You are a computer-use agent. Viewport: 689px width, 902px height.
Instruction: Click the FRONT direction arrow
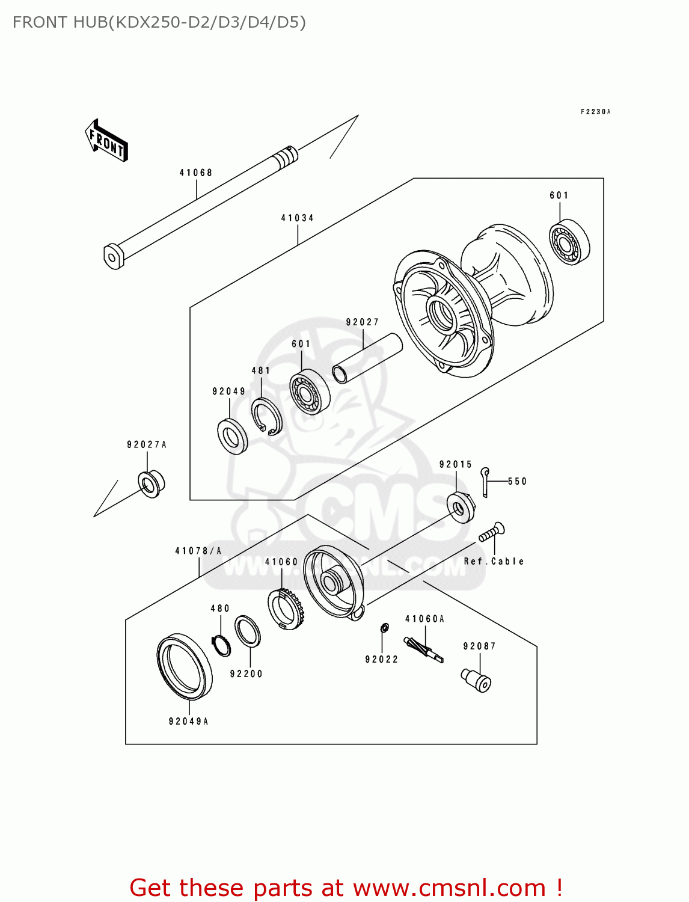[106, 140]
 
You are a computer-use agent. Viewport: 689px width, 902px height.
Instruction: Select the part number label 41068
[196, 173]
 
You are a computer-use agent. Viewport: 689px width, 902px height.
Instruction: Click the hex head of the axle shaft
[113, 257]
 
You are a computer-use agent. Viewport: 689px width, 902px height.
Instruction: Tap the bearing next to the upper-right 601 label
[569, 243]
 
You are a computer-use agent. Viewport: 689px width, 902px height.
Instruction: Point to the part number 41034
[297, 218]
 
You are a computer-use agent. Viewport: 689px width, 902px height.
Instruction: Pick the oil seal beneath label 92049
[232, 436]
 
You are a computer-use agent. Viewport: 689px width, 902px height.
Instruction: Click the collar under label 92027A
[151, 483]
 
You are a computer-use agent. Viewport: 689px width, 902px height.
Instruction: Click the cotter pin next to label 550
[486, 482]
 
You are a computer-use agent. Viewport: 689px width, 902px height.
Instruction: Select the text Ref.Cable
[494, 562]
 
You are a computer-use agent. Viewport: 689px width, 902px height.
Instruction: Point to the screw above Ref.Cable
[492, 532]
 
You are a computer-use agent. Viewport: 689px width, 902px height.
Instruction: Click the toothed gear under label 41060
[286, 608]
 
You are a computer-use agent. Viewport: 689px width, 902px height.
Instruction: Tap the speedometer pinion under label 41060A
[423, 649]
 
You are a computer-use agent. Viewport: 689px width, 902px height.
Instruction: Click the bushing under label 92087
[476, 680]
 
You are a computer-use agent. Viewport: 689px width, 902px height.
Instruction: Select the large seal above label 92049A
[185, 666]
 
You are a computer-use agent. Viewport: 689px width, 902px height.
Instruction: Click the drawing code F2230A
[595, 112]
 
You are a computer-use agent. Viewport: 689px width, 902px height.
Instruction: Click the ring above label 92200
[247, 631]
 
